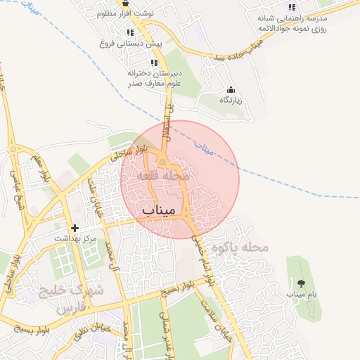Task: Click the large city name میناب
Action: click(x=158, y=210)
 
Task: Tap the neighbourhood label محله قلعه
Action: click(x=163, y=174)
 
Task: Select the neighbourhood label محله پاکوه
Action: click(x=245, y=247)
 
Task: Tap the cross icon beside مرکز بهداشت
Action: click(x=75, y=229)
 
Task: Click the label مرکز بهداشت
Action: click(x=76, y=239)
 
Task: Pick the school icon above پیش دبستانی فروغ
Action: click(x=130, y=32)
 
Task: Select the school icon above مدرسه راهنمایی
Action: click(x=292, y=7)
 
